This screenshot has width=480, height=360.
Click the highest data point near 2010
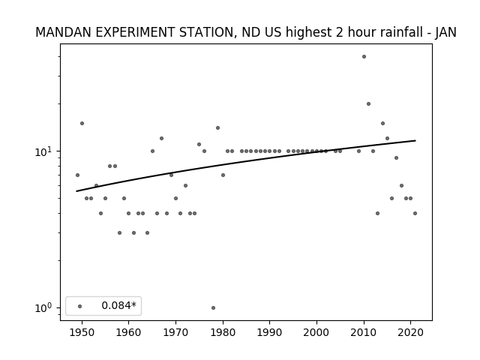point(364,57)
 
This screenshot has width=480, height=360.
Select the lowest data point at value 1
point(213,307)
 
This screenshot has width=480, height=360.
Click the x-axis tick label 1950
point(82,332)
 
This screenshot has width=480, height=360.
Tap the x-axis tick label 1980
point(223,332)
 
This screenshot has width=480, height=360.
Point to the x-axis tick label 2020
point(411,332)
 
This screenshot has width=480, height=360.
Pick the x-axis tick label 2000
point(316,332)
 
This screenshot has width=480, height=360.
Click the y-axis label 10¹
point(45,151)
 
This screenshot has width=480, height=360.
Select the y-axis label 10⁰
point(45,307)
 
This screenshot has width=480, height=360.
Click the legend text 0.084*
point(118,305)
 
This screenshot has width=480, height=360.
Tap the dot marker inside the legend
point(80,306)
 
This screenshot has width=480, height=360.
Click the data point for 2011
point(368,103)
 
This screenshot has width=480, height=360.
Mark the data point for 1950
point(82,123)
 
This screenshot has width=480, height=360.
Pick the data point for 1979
point(218,127)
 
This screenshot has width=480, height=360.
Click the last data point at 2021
point(415,213)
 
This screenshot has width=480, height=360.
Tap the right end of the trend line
point(415,140)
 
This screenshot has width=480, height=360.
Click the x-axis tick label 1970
point(175,332)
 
